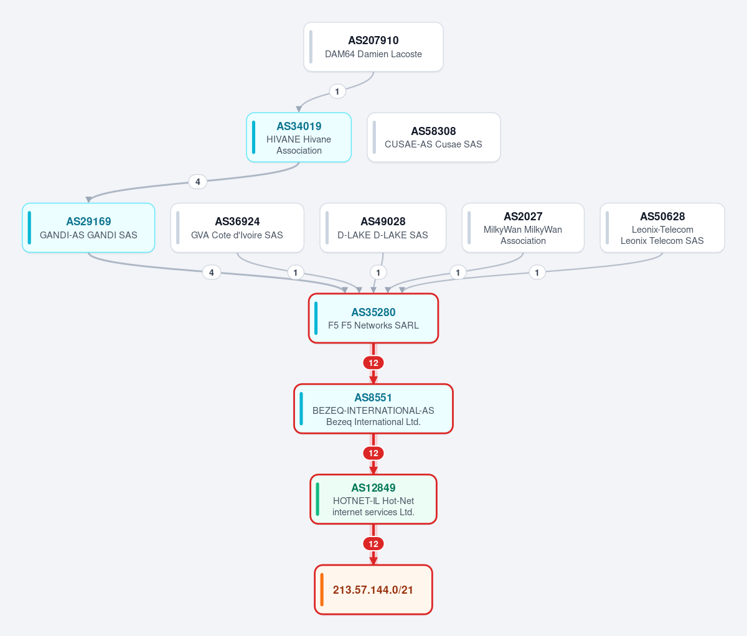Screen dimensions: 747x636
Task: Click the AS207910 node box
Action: click(374, 47)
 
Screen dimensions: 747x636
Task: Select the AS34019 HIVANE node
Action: click(299, 138)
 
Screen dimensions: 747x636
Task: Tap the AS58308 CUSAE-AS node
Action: click(434, 138)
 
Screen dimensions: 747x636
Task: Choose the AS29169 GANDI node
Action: click(88, 228)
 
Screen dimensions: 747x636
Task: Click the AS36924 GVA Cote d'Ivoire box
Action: click(237, 228)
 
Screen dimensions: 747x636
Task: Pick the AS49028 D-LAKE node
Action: click(383, 228)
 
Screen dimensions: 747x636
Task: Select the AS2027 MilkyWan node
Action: click(523, 228)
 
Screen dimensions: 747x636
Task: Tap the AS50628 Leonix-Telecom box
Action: click(662, 228)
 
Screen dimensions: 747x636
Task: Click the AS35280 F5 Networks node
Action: click(374, 319)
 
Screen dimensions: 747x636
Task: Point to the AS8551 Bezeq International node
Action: click(374, 409)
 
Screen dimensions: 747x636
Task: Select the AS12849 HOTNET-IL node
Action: click(374, 499)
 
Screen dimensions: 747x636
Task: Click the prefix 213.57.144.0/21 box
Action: click(374, 590)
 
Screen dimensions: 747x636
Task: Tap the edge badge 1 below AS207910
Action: click(337, 91)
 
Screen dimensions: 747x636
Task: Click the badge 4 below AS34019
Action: click(198, 182)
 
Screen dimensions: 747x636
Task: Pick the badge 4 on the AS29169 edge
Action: click(212, 273)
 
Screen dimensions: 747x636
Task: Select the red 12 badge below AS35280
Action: click(374, 363)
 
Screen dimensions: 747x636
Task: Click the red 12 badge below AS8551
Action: click(374, 453)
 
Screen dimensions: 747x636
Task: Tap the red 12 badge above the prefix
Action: click(374, 544)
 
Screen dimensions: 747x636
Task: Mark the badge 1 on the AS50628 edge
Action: click(537, 273)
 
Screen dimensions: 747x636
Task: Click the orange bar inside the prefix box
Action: click(322, 590)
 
